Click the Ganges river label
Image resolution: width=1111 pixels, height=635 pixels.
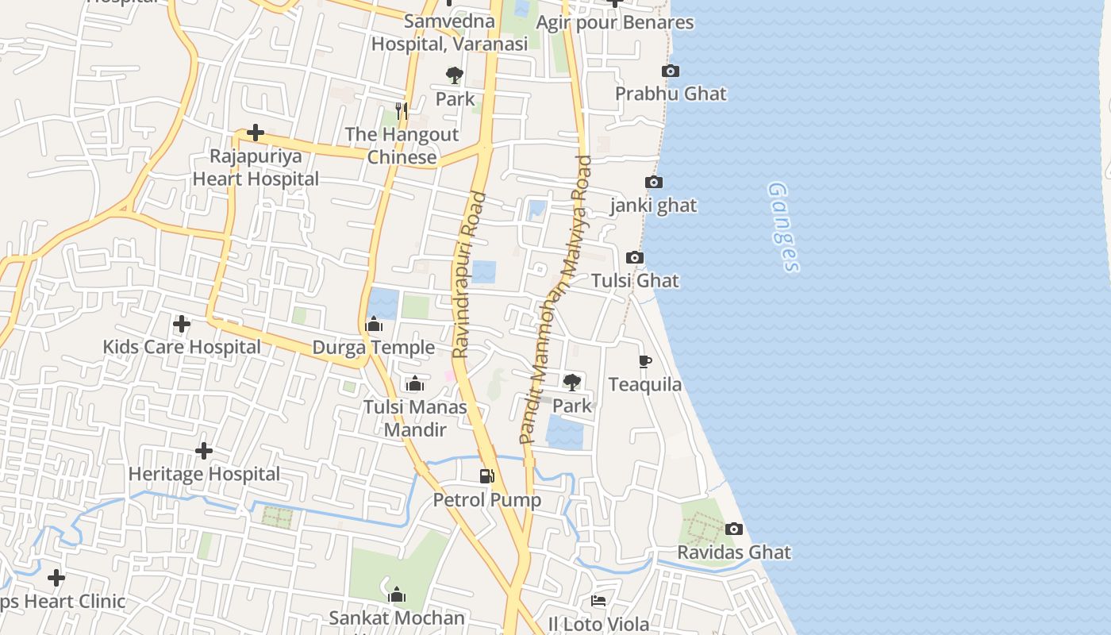[x=783, y=228]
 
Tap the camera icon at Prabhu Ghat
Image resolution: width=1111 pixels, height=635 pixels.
[x=670, y=71]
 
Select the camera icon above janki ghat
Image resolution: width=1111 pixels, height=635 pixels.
[x=654, y=183]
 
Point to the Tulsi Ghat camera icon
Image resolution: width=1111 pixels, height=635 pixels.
[x=635, y=257]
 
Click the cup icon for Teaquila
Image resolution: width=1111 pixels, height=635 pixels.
[x=645, y=362]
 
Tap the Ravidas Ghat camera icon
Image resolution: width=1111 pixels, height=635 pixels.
[x=734, y=529]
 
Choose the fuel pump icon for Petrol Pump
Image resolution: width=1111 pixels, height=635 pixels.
[x=486, y=476]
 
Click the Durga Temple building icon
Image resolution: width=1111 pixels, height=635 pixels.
[x=374, y=325]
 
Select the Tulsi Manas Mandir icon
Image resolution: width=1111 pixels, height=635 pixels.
[x=414, y=384]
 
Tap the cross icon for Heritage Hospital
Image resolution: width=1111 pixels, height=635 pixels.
[x=204, y=451]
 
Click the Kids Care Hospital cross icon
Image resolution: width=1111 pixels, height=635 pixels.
[x=182, y=324]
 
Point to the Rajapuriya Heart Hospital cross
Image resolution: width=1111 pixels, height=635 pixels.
[x=256, y=133]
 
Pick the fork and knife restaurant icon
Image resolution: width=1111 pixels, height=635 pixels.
[x=402, y=110]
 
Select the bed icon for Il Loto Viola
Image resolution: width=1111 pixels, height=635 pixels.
[x=599, y=601]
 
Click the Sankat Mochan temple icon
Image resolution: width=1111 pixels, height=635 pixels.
[x=397, y=595]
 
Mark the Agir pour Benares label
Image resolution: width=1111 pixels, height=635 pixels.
[x=614, y=22]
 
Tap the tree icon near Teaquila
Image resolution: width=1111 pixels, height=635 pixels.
[x=571, y=383]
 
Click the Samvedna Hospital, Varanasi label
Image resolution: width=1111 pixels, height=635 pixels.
[x=449, y=32]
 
